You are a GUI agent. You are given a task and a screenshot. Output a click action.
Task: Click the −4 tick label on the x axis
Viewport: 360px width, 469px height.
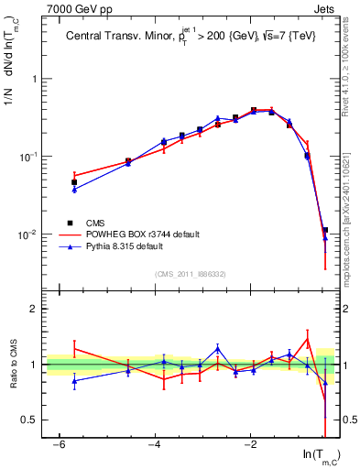pyautogui.click(x=156, y=443)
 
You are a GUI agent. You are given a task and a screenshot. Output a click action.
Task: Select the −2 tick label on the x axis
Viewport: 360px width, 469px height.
pyautogui.click(x=251, y=443)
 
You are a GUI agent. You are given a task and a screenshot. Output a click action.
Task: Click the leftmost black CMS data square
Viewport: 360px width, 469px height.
pyautogui.click(x=74, y=182)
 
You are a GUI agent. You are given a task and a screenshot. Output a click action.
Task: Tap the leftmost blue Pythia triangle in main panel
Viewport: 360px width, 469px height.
pyautogui.click(x=74, y=189)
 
